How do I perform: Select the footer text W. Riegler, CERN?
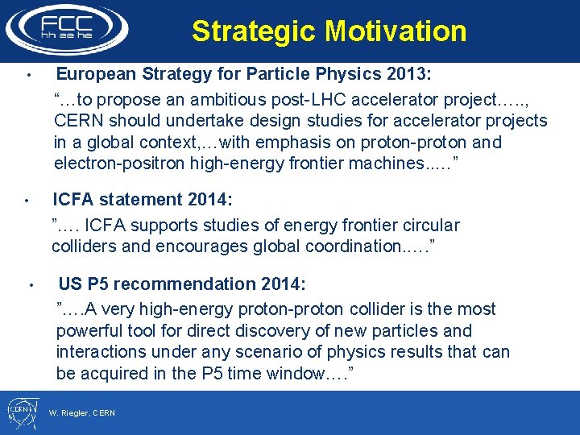(x=82, y=413)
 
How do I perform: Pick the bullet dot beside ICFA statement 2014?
(x=27, y=200)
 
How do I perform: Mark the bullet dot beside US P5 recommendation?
(x=30, y=285)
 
